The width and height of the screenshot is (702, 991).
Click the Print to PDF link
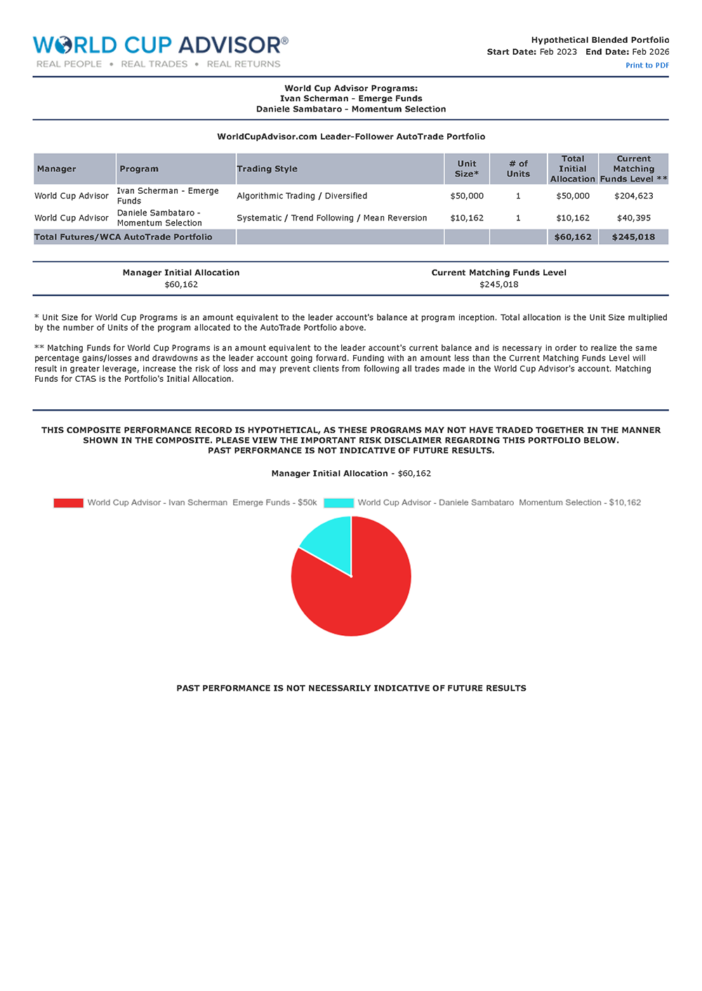point(647,65)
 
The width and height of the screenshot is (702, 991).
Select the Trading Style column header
point(267,169)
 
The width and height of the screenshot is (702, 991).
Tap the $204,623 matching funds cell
point(633,197)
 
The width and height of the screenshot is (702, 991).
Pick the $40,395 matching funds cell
point(633,218)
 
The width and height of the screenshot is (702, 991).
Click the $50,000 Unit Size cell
point(466,197)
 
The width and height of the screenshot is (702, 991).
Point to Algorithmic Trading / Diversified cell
point(302,197)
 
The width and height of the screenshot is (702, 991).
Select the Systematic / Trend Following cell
point(331,218)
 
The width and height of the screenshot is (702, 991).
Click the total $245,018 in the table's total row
point(633,237)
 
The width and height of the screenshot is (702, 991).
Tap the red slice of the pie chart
point(351,597)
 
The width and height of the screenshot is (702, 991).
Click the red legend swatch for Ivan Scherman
point(68,503)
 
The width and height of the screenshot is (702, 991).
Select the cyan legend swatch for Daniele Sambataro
point(338,503)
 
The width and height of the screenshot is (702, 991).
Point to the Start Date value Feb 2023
point(558,52)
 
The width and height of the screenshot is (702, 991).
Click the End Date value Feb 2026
point(650,52)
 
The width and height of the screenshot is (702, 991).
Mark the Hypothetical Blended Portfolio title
point(600,40)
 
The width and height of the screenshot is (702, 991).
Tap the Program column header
point(139,169)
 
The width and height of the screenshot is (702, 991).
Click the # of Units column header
point(518,169)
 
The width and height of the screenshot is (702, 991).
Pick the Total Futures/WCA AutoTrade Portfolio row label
point(124,237)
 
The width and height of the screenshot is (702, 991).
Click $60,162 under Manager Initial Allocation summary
point(181,285)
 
